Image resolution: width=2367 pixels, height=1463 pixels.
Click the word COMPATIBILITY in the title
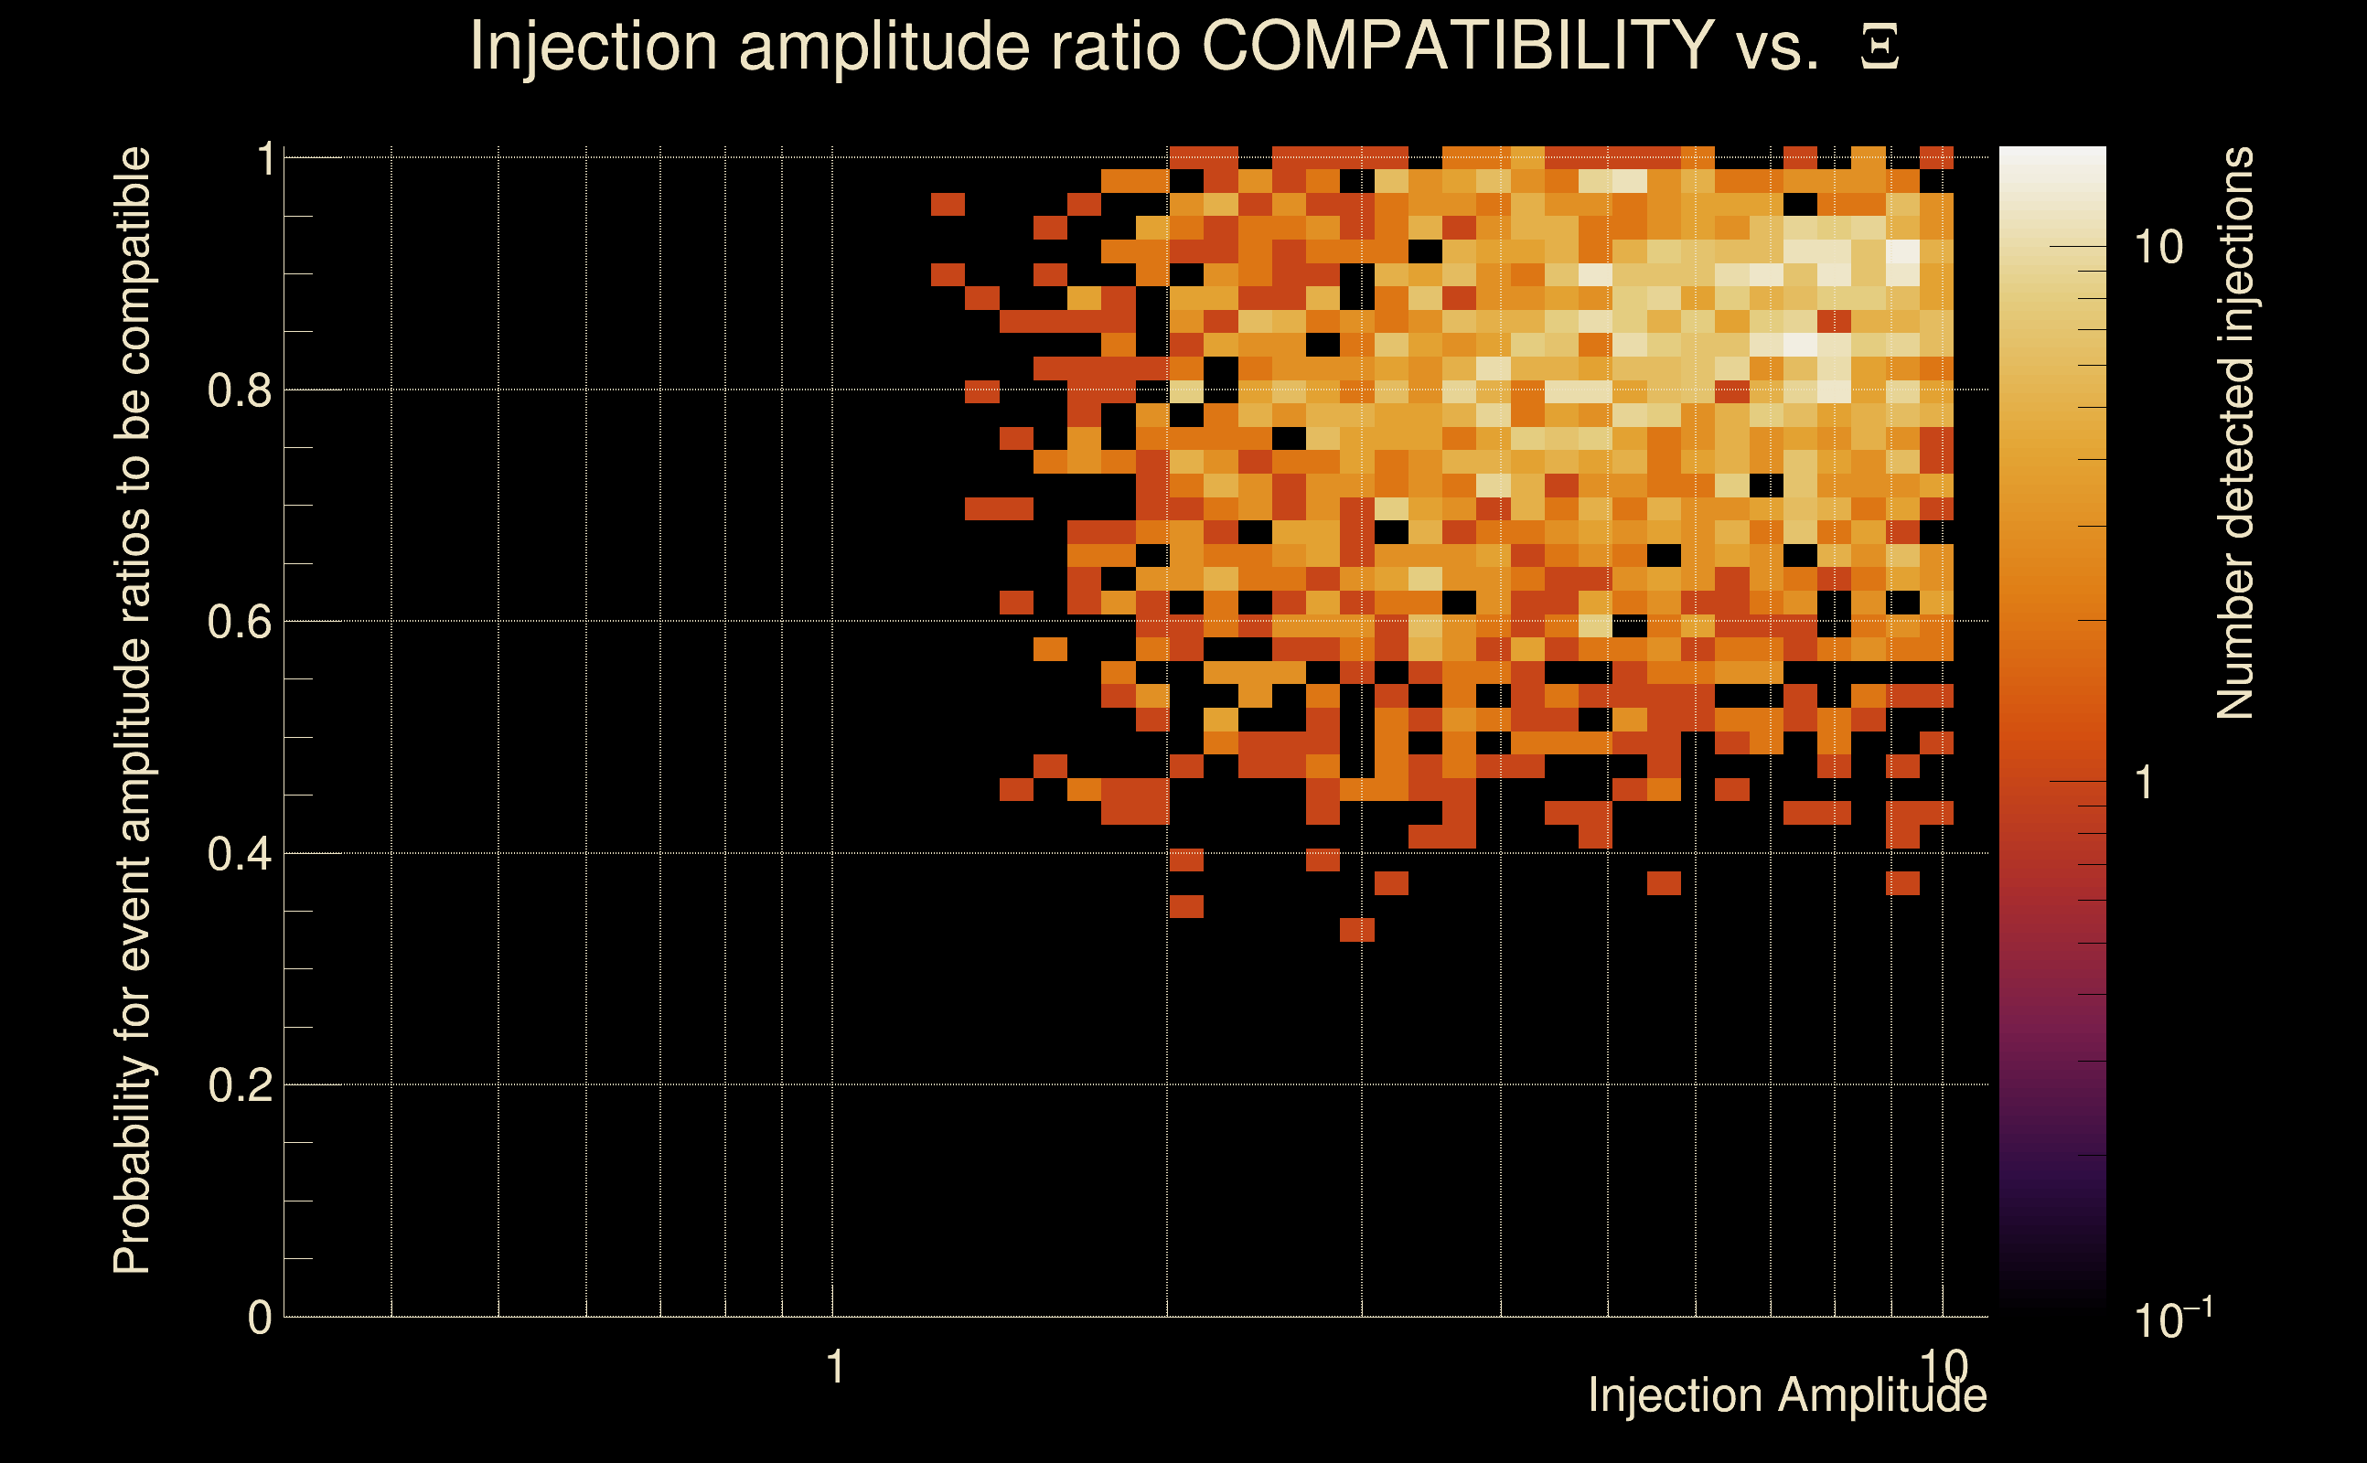point(1457,47)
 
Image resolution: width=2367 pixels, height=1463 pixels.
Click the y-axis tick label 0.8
point(240,391)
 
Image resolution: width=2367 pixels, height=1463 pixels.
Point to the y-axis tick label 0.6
point(240,622)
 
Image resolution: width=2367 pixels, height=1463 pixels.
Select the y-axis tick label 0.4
point(240,854)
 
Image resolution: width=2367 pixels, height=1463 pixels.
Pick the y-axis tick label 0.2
point(240,1085)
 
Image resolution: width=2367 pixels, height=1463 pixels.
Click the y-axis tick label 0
point(260,1318)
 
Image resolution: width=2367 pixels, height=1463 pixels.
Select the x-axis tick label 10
point(1944,1366)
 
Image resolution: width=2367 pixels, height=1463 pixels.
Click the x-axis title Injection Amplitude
point(1787,1396)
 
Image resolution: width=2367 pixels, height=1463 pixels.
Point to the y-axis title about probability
point(133,710)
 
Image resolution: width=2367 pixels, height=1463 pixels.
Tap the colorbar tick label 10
point(2158,248)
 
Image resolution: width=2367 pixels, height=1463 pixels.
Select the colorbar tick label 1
point(2145,783)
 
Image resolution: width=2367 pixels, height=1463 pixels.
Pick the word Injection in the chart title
point(593,47)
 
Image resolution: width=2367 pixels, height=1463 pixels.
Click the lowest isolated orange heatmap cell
point(1356,930)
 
